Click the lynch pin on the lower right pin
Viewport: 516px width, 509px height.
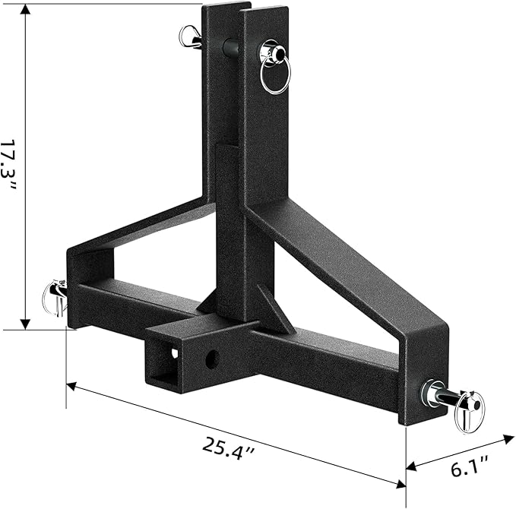(x=468, y=410)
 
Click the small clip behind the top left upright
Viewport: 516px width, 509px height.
(x=187, y=35)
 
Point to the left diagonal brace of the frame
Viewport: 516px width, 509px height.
(x=137, y=228)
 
